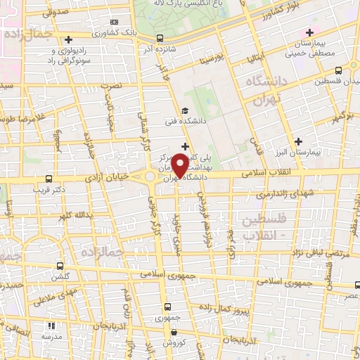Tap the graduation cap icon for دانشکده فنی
point(184,110)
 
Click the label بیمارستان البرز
point(325,152)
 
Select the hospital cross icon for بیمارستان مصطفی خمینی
point(310,32)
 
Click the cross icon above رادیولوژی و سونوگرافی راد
point(67,39)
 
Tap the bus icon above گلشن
point(60,266)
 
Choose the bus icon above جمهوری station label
point(167,307)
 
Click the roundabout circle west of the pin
point(150,176)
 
